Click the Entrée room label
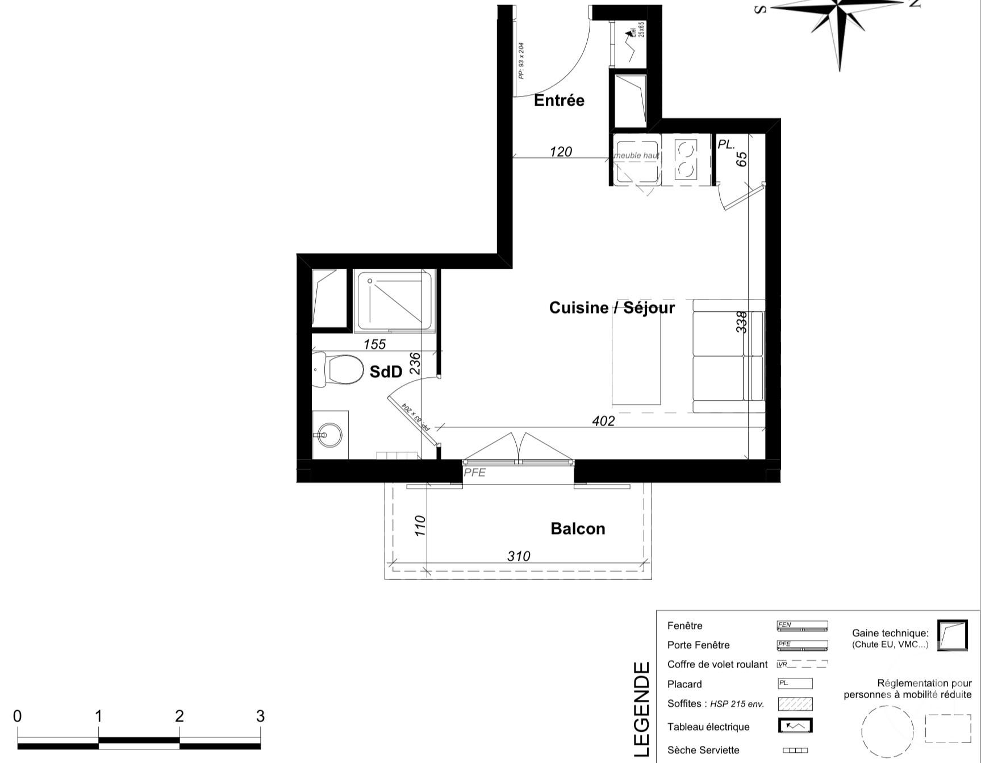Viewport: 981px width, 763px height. click(x=559, y=101)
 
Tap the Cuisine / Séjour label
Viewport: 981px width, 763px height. click(x=612, y=308)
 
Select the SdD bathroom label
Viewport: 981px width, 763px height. click(x=386, y=372)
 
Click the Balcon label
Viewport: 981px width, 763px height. click(x=578, y=529)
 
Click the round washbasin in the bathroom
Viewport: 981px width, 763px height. click(x=329, y=436)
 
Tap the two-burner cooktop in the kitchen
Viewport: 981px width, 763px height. click(x=687, y=159)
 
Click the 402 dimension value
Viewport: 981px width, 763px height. click(x=603, y=421)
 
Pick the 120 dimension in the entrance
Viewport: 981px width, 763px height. click(x=561, y=152)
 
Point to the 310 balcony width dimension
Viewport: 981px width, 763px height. click(x=518, y=556)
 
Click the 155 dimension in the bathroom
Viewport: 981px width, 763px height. click(x=374, y=344)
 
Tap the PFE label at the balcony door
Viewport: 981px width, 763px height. click(x=475, y=473)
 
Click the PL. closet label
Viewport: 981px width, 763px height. click(x=726, y=144)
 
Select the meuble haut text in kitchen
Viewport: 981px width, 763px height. click(x=637, y=156)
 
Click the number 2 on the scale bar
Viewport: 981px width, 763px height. click(x=179, y=716)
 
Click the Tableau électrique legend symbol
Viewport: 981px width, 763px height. click(x=795, y=726)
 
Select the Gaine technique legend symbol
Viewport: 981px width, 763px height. click(x=952, y=635)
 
